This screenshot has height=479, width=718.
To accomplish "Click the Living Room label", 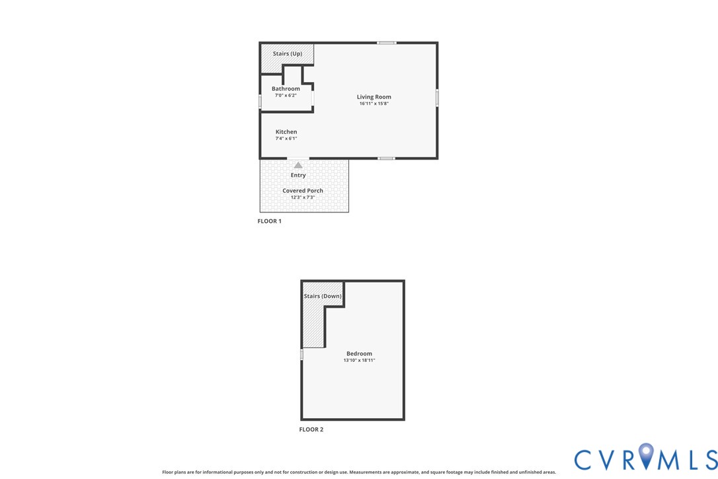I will pyautogui.click(x=374, y=97).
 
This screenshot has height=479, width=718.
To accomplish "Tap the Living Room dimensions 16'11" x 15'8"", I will pyautogui.click(x=374, y=104).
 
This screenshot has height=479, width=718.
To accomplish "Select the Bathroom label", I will pyautogui.click(x=286, y=89).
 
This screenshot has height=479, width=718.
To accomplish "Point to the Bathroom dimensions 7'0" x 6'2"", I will pyautogui.click(x=286, y=95).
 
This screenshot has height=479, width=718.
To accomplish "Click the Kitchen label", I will pyautogui.click(x=286, y=132).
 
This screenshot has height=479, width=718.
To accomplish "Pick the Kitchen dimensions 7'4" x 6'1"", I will pyautogui.click(x=286, y=138).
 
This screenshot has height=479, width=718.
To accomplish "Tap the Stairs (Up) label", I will pyautogui.click(x=288, y=54).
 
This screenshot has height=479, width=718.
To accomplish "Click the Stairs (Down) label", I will pyautogui.click(x=323, y=296).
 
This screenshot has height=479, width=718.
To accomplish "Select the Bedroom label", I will pyautogui.click(x=359, y=354).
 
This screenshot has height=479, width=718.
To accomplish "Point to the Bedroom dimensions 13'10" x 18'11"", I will pyautogui.click(x=359, y=361).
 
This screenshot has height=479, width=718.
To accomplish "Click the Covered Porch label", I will pyautogui.click(x=303, y=191).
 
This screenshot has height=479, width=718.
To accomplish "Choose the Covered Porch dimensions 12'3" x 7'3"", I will pyautogui.click(x=303, y=197).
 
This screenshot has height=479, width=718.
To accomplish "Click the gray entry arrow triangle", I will pyautogui.click(x=298, y=165).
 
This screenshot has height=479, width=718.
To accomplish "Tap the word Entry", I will pyautogui.click(x=298, y=175).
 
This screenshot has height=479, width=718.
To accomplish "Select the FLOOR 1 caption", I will pyautogui.click(x=269, y=221).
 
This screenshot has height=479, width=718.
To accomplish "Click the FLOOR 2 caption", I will pyautogui.click(x=311, y=429).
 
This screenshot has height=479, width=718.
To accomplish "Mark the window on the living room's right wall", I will pyautogui.click(x=437, y=97).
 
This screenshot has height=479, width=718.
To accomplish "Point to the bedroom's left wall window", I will pyautogui.click(x=301, y=355).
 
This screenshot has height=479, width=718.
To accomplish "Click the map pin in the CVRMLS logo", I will pyautogui.click(x=647, y=457).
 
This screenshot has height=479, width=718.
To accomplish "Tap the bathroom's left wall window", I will pyautogui.click(x=260, y=102).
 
